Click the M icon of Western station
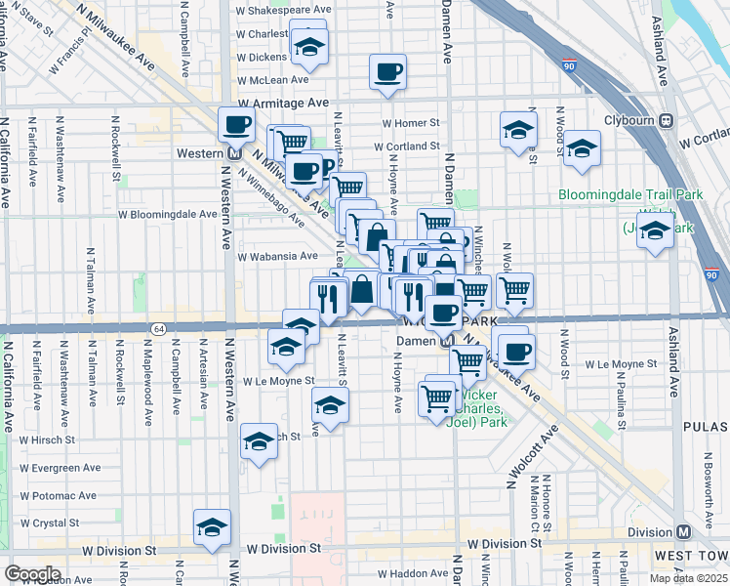[234, 153]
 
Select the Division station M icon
[683, 531]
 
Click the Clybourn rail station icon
[668, 121]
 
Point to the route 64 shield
[158, 328]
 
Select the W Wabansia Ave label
[278, 256]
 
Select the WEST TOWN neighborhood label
[691, 555]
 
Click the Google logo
[32, 573]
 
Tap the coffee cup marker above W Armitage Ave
[387, 72]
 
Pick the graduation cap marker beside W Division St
[212, 527]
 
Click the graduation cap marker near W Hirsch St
[259, 441]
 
